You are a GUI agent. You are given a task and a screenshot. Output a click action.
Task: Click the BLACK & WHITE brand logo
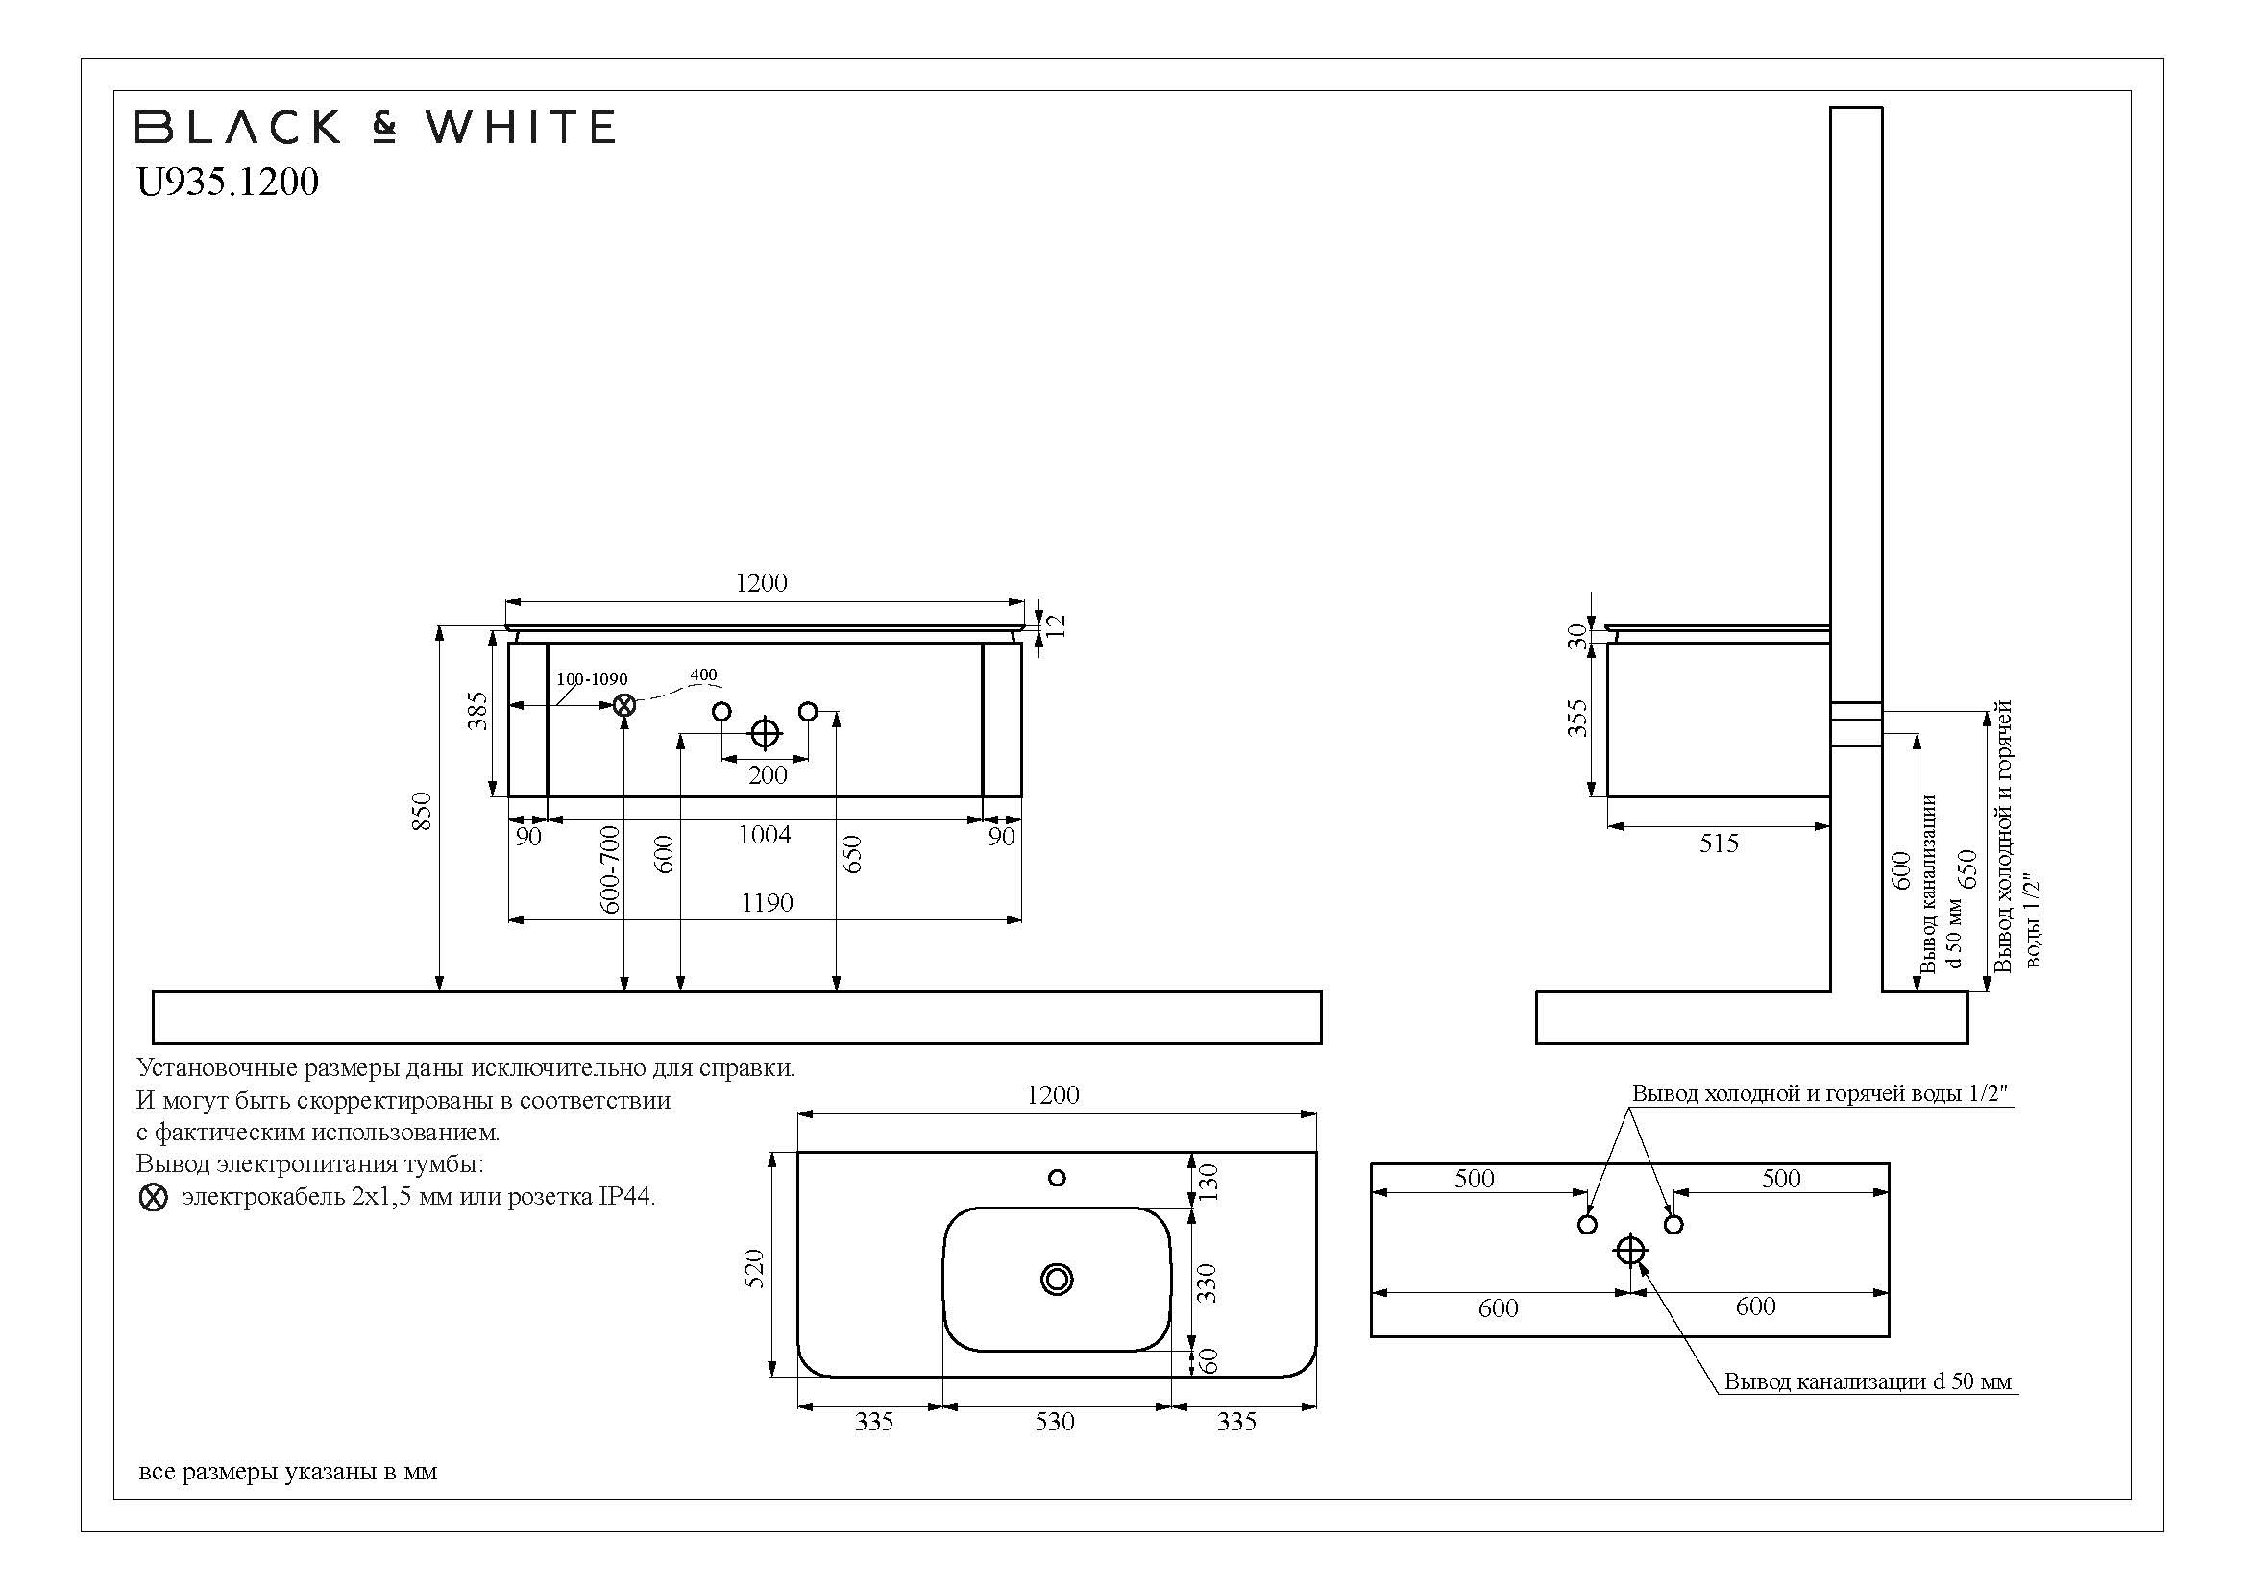pos(375,127)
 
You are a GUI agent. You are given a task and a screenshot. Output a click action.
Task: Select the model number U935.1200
pos(227,183)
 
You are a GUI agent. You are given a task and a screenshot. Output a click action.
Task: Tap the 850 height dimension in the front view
pos(422,811)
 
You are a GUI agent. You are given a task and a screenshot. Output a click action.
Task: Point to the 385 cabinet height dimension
pos(476,711)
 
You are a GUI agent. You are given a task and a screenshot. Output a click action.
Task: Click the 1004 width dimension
pos(765,835)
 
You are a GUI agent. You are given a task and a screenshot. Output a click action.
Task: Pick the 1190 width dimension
pos(767,903)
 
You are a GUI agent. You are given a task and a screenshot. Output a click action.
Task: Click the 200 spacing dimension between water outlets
pos(768,775)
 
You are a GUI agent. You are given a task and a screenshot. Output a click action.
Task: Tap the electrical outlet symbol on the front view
pos(624,704)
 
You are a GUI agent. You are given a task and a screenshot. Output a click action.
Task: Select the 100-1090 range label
pos(592,679)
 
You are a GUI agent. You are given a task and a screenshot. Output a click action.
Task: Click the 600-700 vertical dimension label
pos(610,868)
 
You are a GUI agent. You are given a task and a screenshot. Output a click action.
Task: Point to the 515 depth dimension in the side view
pos(1719,843)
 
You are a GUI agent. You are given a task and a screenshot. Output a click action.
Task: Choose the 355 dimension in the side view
pos(1577,719)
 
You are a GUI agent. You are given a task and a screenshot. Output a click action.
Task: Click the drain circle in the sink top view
pos(1057,1279)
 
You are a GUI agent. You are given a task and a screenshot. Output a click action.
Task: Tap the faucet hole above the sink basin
pos(1057,1178)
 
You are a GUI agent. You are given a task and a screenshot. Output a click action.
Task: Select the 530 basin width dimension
pos(1055,1422)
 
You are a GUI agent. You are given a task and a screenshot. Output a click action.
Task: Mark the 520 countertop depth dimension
pos(754,1268)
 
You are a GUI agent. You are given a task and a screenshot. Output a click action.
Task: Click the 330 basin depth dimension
pos(1208,1282)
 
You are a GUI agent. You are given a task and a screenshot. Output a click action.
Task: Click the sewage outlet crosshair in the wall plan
pos(1630,1251)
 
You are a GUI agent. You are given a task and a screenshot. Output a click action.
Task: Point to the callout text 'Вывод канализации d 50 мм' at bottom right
pos(1868,1381)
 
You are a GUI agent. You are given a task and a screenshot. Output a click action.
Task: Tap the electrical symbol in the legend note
pos(154,1198)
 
